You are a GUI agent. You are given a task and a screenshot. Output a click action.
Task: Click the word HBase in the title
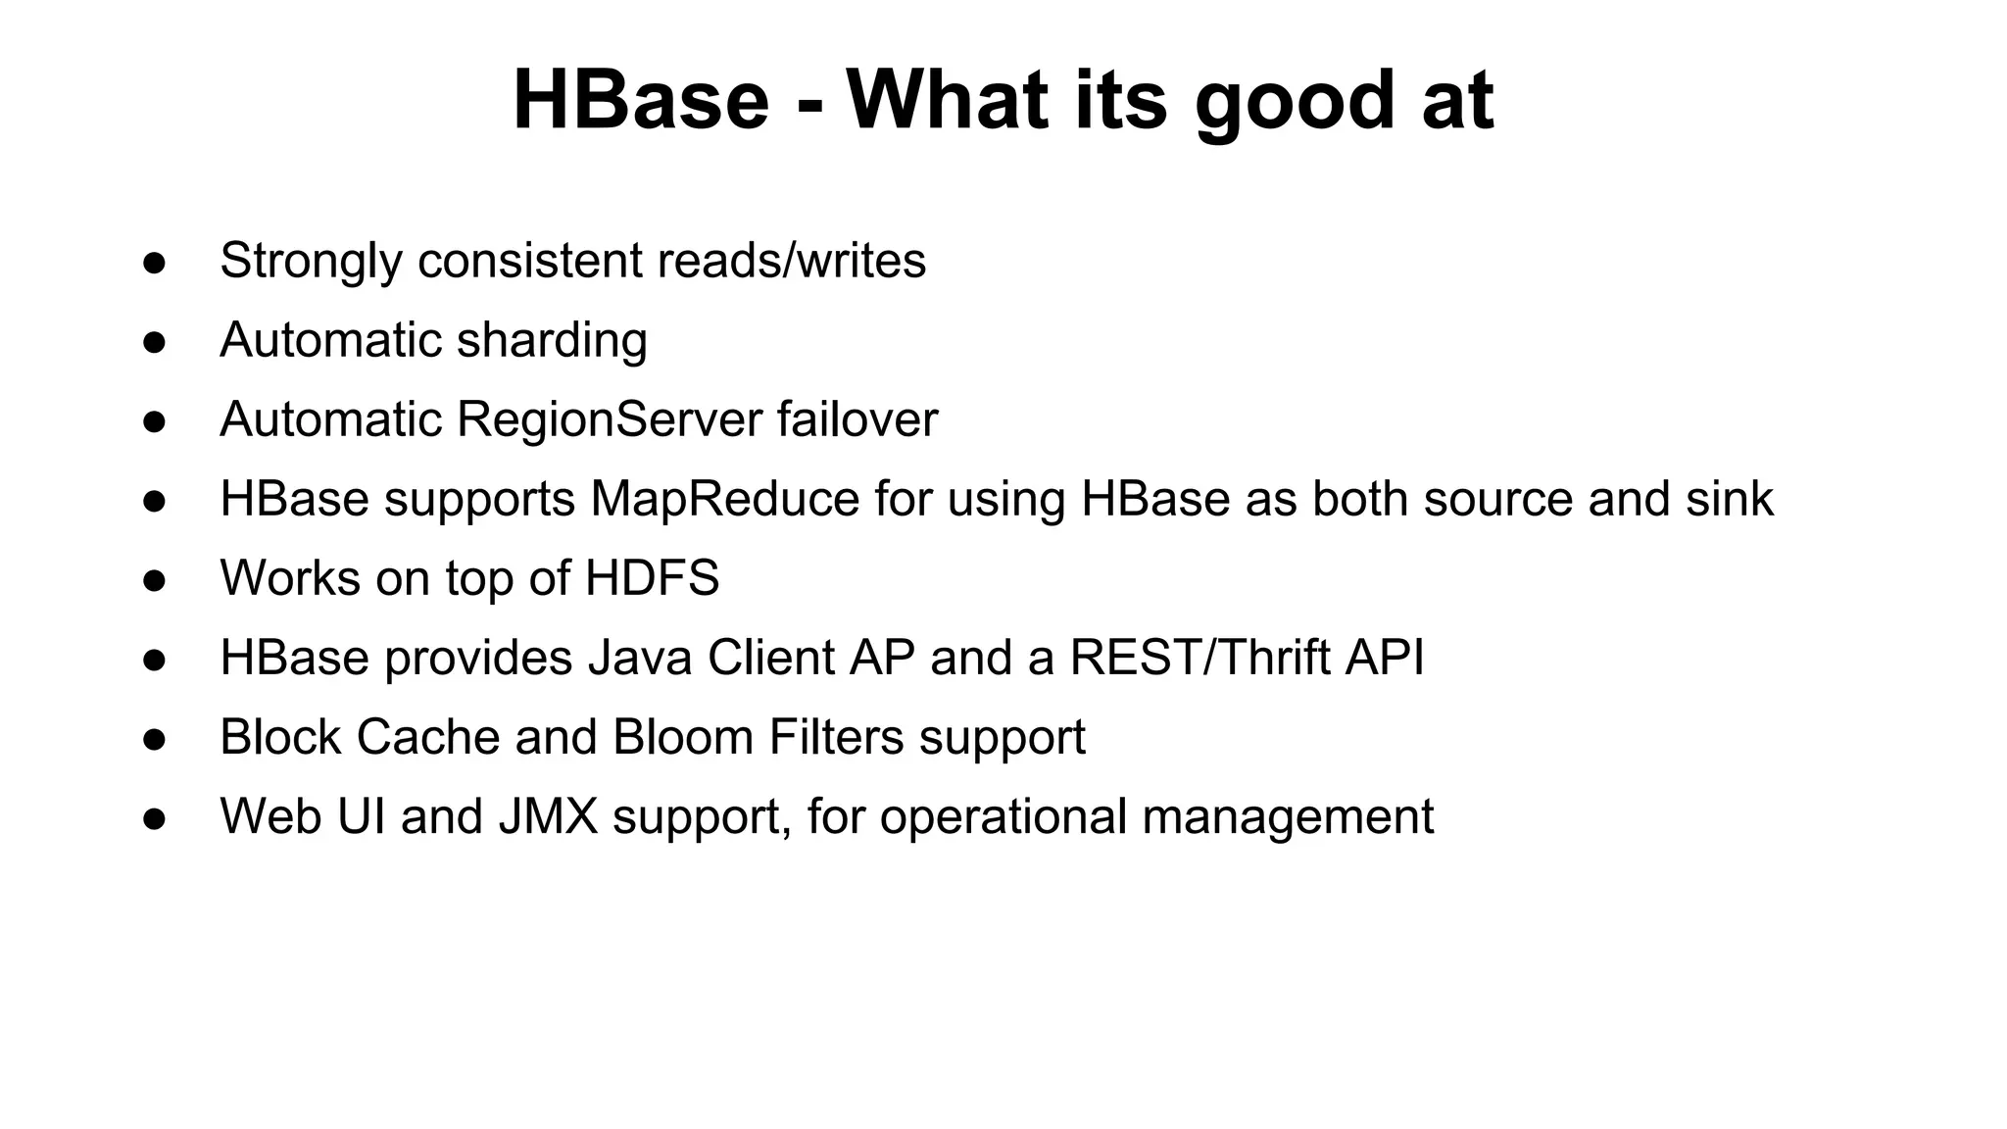(x=641, y=100)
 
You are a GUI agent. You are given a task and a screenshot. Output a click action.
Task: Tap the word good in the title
(x=1294, y=102)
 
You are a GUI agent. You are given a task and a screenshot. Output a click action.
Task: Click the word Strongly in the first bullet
(x=311, y=262)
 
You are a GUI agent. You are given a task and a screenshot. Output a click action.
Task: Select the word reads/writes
(x=791, y=261)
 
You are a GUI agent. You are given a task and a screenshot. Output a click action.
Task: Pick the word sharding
(x=552, y=341)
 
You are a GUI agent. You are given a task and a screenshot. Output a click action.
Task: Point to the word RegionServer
(x=609, y=419)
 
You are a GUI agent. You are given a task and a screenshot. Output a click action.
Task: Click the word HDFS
(x=652, y=578)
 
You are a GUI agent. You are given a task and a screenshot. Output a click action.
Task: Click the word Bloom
(x=683, y=737)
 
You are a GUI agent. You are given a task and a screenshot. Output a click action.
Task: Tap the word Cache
(x=427, y=737)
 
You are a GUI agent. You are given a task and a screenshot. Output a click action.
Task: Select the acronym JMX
(x=548, y=816)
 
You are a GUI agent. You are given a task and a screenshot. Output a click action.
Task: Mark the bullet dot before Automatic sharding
(x=154, y=342)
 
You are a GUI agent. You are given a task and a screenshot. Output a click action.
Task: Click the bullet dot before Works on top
(x=154, y=580)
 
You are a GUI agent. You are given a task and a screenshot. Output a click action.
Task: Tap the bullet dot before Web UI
(x=154, y=818)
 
